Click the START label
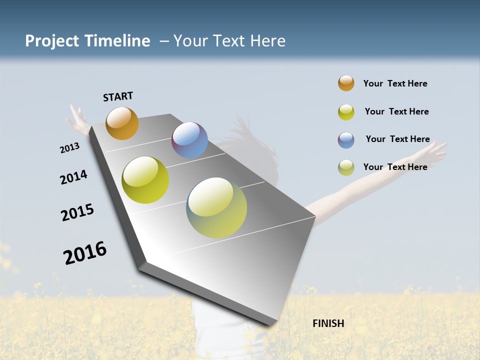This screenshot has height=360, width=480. point(118,96)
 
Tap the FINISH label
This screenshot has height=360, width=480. point(328,323)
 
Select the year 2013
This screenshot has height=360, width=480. point(69,148)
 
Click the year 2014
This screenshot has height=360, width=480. point(73,177)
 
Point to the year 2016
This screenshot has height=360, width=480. point(85,252)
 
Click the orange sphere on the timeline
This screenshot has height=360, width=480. point(122,123)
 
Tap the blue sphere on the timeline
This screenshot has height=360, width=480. point(189,140)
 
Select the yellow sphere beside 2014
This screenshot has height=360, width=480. point(145,180)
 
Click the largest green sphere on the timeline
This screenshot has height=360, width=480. point(216,207)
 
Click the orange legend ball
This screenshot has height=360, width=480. point(346,83)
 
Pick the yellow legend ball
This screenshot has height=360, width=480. point(346,112)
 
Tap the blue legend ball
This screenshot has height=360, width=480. point(346,140)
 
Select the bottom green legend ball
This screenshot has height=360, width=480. point(346,167)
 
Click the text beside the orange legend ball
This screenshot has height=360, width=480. point(395,83)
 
